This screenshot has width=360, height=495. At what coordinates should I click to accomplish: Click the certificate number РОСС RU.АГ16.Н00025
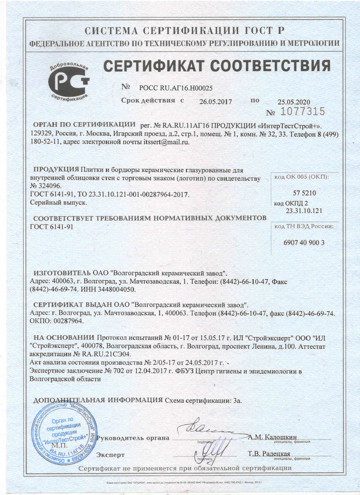176,88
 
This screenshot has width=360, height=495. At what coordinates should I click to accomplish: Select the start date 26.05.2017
215,102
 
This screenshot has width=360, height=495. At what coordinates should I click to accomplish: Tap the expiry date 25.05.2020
294,102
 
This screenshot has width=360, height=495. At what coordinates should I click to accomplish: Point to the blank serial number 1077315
302,112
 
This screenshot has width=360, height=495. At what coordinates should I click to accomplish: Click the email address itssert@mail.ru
166,142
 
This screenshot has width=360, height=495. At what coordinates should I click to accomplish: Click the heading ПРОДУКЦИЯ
56,169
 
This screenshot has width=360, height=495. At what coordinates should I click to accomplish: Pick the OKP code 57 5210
304,193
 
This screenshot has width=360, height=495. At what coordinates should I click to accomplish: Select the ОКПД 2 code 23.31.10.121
304,211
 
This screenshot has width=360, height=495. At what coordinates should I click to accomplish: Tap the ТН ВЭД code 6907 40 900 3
304,242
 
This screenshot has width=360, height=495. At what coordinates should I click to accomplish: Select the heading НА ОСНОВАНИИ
64,338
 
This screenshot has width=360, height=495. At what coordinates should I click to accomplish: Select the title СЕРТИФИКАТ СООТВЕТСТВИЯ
217,66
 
